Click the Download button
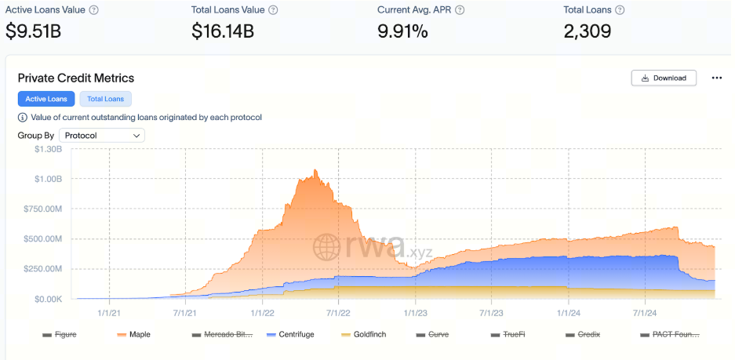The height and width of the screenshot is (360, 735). (x=663, y=78)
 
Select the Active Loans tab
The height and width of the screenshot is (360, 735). (x=46, y=99)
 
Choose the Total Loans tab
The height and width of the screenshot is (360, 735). (x=106, y=99)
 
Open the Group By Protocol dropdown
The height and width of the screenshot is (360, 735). (x=102, y=136)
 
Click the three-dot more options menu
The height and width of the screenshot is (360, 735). (x=716, y=78)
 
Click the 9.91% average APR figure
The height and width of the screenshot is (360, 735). (x=403, y=31)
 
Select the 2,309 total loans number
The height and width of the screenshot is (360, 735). (x=588, y=31)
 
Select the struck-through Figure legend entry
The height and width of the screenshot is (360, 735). (x=60, y=334)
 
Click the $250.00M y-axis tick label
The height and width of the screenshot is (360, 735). (x=45, y=269)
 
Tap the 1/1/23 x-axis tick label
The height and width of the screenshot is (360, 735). (x=415, y=312)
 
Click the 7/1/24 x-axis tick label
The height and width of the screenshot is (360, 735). (x=644, y=312)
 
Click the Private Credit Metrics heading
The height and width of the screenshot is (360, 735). (x=76, y=78)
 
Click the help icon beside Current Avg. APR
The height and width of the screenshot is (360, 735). (x=460, y=10)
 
